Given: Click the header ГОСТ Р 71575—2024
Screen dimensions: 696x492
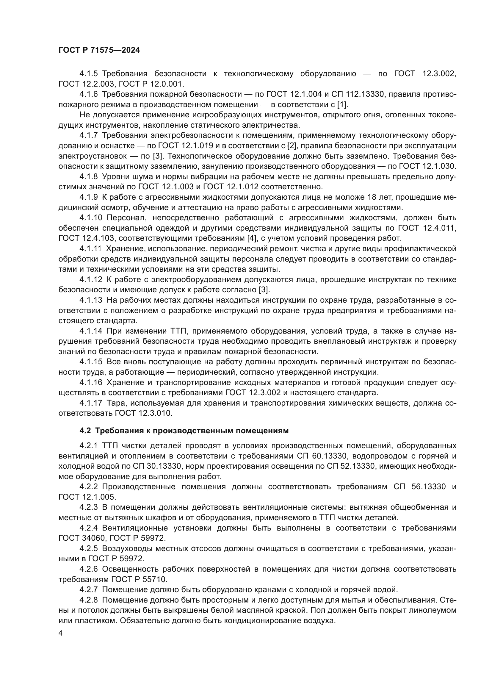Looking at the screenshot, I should pos(99,50).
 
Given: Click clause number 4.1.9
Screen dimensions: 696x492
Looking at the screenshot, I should pos(89,197).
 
